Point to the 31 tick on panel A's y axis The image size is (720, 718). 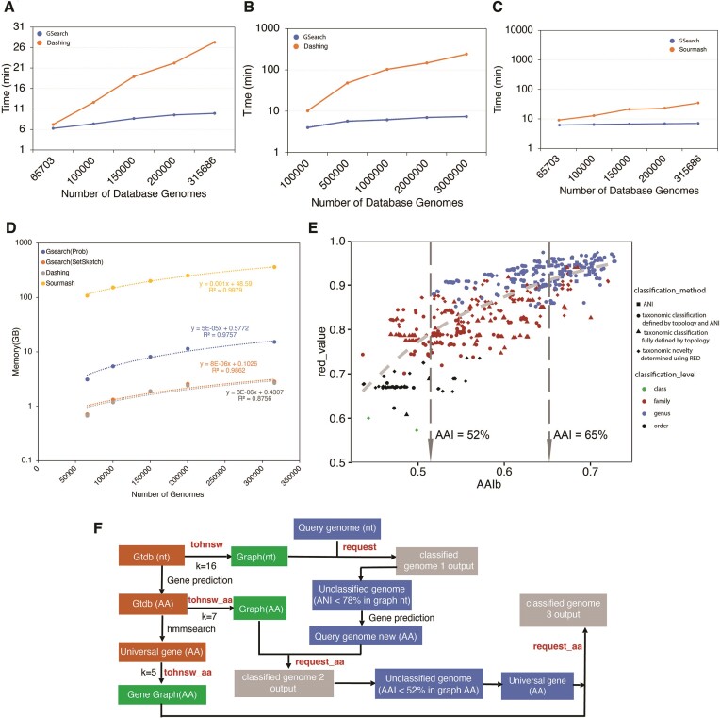pos(29,25)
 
